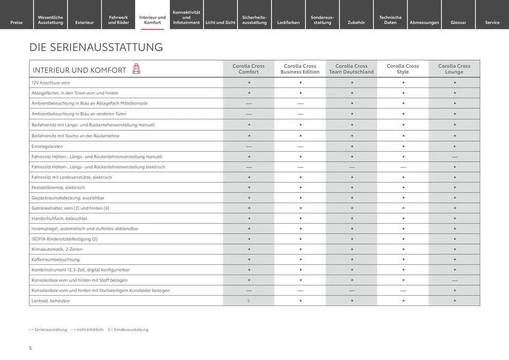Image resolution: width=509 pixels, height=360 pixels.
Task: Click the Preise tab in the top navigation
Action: [16, 22]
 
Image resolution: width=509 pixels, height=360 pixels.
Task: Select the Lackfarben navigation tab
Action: [288, 22]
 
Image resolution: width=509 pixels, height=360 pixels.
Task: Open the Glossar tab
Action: [459, 22]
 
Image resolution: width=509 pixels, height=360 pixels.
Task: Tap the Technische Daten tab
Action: [390, 20]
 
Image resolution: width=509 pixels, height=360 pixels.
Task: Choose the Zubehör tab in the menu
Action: [356, 22]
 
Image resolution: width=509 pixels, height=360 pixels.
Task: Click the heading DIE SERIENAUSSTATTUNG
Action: [96, 47]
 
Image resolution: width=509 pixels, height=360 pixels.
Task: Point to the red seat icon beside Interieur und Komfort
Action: [136, 69]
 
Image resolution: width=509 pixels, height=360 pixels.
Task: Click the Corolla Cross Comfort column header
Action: [248, 69]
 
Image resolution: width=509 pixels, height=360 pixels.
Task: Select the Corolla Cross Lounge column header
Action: [454, 69]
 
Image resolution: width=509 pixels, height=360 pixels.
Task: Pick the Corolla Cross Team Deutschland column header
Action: [351, 69]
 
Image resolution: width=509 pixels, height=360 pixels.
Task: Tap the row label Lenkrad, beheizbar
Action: [51, 301]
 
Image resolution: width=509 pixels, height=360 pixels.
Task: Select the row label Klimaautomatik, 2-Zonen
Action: [57, 249]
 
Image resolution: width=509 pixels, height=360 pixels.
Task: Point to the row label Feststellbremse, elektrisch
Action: [58, 188]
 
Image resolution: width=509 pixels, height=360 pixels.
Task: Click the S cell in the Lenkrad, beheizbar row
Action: [248, 301]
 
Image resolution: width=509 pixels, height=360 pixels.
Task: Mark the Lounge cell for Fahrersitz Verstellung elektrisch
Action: [455, 167]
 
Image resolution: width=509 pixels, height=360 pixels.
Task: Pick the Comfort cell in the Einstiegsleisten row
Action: [248, 147]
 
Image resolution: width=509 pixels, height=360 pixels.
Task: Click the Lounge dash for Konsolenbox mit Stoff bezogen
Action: [455, 280]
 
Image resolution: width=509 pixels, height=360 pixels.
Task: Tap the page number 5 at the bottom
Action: [30, 348]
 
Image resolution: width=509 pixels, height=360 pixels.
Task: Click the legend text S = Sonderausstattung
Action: [128, 330]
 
